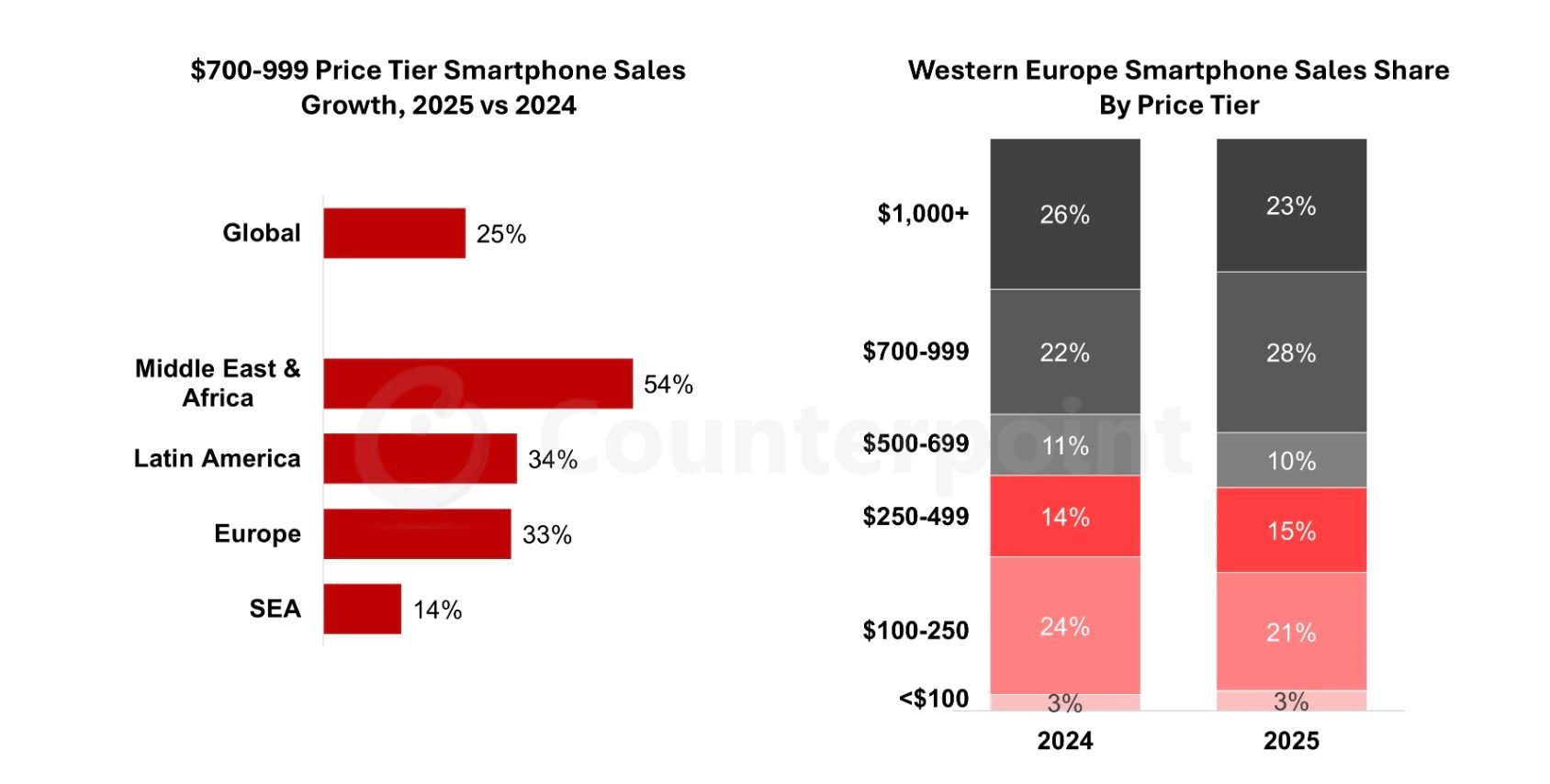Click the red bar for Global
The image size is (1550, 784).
pyautogui.click(x=394, y=233)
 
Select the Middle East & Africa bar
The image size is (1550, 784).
pyautogui.click(x=477, y=384)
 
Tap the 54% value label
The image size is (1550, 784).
pyautogui.click(x=668, y=385)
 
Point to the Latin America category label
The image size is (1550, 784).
pyautogui.click(x=217, y=458)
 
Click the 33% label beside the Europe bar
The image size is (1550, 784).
pyautogui.click(x=546, y=534)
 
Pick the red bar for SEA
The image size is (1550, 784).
pyautogui.click(x=362, y=609)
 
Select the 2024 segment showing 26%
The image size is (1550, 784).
pyautogui.click(x=1064, y=214)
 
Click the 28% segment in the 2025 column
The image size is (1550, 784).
pyautogui.click(x=1290, y=353)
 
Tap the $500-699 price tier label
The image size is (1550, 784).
pyautogui.click(x=915, y=443)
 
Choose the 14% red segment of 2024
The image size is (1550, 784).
pyautogui.click(x=1064, y=516)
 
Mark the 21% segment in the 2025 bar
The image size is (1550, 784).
pyautogui.click(x=1290, y=632)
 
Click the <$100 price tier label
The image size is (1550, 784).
pyautogui.click(x=933, y=699)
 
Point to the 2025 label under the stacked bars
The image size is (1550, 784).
pyautogui.click(x=1290, y=741)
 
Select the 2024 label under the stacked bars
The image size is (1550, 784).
pyautogui.click(x=1064, y=741)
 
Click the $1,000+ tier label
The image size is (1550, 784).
pyautogui.click(x=922, y=214)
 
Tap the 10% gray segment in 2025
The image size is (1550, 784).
pyautogui.click(x=1290, y=460)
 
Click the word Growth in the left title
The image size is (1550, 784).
pyautogui.click(x=352, y=106)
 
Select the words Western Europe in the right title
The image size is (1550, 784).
pyautogui.click(x=1013, y=71)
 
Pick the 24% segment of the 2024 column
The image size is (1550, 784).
pyautogui.click(x=1064, y=626)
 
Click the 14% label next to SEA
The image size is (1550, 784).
pyautogui.click(x=437, y=610)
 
